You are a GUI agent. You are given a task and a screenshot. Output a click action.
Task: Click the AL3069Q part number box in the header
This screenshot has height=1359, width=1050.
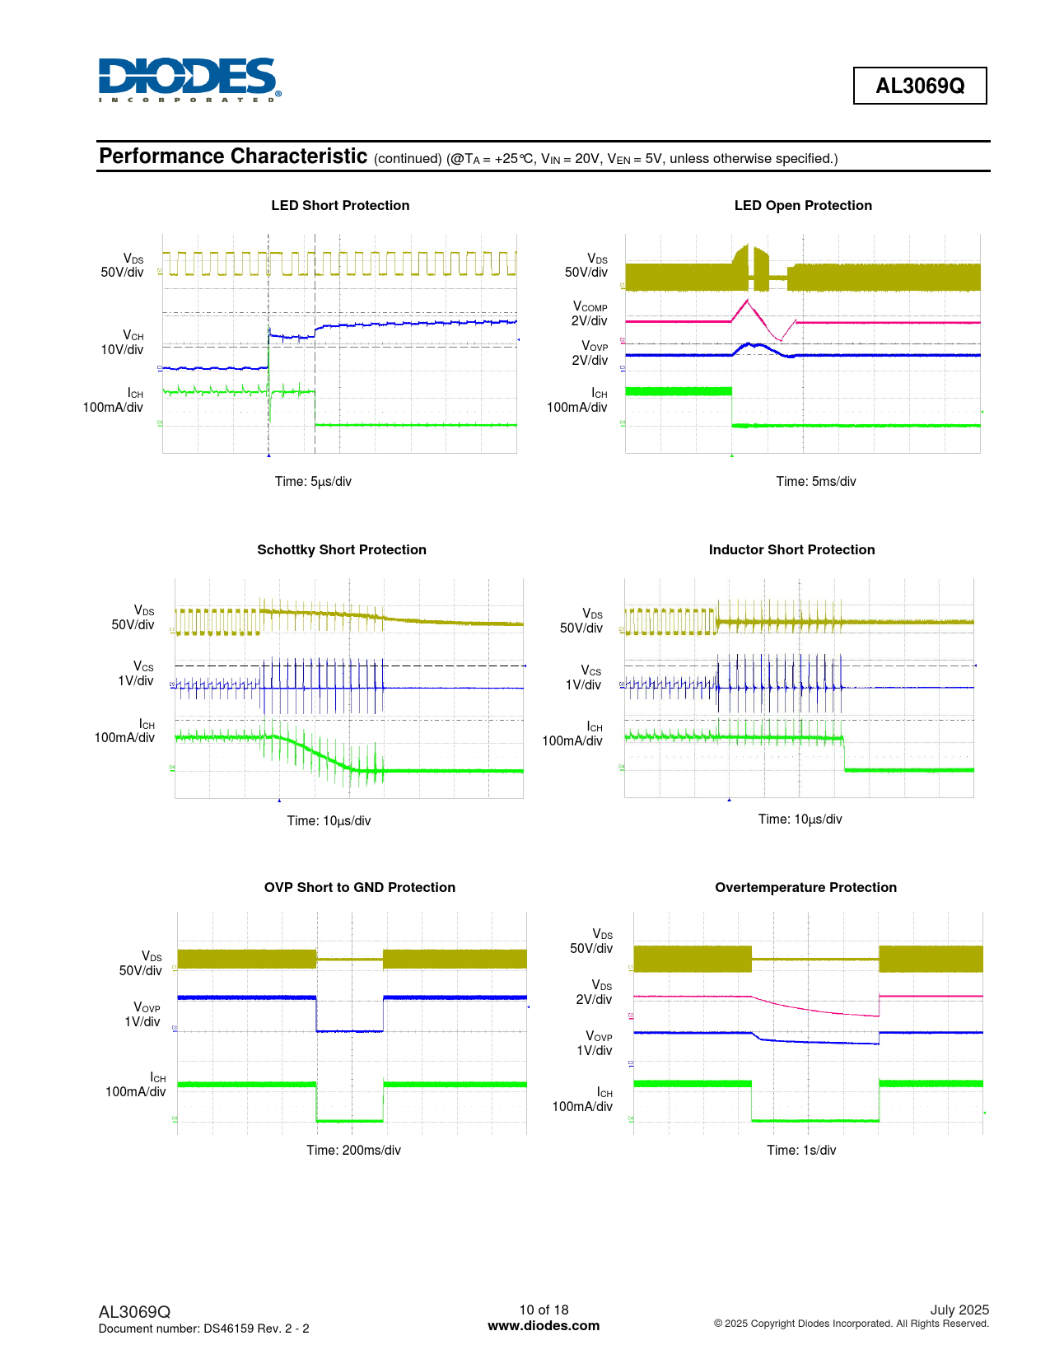tap(919, 86)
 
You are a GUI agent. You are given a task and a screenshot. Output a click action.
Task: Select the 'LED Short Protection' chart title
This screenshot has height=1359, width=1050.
tap(340, 206)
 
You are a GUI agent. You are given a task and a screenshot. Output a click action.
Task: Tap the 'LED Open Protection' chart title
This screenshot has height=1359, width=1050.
tap(803, 206)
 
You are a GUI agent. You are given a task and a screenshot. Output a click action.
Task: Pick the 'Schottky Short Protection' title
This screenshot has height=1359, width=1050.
tap(342, 550)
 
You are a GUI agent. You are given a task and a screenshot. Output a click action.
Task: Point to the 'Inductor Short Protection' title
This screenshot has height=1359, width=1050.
tap(791, 550)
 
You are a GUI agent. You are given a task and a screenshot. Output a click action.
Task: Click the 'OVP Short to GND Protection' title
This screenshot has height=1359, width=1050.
tap(360, 888)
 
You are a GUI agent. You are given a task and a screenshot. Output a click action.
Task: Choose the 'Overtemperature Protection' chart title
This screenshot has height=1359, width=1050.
tap(805, 888)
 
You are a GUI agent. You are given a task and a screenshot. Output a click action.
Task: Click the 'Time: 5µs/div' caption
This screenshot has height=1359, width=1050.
tap(313, 482)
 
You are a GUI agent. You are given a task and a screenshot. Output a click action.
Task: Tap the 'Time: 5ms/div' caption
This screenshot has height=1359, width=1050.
tap(816, 482)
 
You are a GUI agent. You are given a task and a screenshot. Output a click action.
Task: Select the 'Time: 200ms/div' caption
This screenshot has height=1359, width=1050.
tap(353, 1151)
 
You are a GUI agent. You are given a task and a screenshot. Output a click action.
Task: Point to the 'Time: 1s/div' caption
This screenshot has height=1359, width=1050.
tap(801, 1151)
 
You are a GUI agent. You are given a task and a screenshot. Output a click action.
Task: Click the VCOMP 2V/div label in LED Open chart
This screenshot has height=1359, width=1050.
tap(590, 314)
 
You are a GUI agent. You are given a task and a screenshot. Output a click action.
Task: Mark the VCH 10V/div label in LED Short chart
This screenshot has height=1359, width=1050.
tap(123, 343)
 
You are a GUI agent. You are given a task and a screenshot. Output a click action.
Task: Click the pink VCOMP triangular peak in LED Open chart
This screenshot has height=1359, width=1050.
tap(746, 301)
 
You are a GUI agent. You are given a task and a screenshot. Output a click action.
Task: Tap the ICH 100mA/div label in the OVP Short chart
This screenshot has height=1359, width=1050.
tap(136, 1085)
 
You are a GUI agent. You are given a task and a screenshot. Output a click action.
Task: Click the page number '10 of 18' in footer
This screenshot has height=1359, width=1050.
tap(544, 1310)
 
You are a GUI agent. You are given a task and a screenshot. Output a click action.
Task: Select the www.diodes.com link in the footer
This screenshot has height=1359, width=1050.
tap(544, 1326)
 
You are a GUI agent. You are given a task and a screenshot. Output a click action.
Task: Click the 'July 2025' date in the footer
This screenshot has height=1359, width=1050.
tap(959, 1310)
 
